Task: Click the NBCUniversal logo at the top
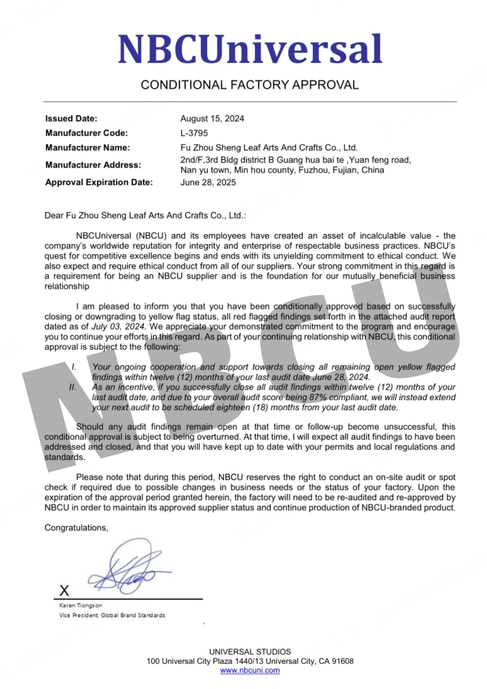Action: click(x=250, y=49)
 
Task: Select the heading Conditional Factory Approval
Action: click(x=250, y=85)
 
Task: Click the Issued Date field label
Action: click(x=71, y=119)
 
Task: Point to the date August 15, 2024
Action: click(x=212, y=119)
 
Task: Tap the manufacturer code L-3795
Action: click(x=194, y=133)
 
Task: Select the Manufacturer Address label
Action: click(x=93, y=165)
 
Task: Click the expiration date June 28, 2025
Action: click(x=208, y=183)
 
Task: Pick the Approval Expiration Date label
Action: click(x=99, y=183)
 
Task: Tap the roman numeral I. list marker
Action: click(x=74, y=367)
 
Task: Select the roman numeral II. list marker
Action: click(x=73, y=387)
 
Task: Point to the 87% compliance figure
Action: click(x=318, y=398)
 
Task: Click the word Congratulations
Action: click(x=76, y=528)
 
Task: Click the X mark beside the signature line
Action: click(x=64, y=591)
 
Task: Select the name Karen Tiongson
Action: click(x=81, y=605)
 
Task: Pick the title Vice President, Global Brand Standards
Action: click(x=112, y=615)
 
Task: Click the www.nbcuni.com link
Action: click(x=250, y=671)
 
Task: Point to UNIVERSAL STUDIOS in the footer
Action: click(x=250, y=652)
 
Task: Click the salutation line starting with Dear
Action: click(x=145, y=215)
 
